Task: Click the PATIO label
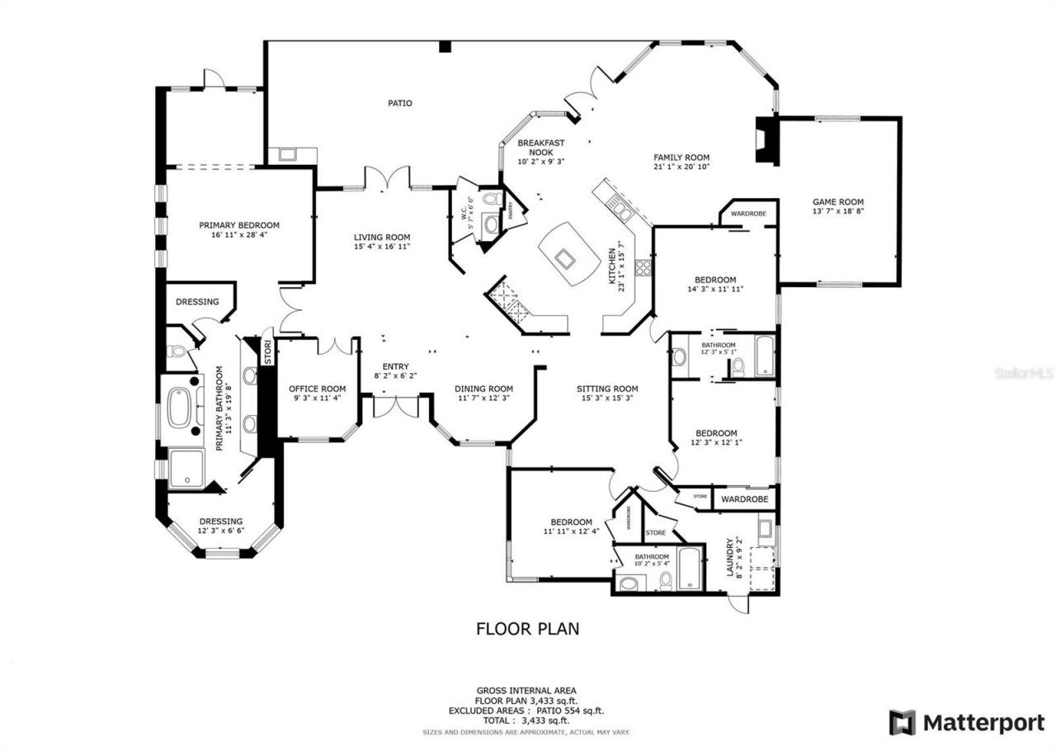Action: point(400,103)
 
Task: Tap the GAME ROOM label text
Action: point(838,201)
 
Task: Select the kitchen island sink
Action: point(567,259)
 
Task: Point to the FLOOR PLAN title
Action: point(527,629)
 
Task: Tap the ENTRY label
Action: point(395,367)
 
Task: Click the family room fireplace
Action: point(766,141)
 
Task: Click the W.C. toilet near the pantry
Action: point(491,200)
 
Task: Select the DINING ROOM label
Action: point(483,389)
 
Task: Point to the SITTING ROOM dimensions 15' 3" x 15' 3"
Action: point(607,398)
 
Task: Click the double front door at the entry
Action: point(396,406)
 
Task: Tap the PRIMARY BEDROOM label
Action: point(239,224)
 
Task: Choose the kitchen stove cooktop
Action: point(643,267)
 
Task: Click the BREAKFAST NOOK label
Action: point(540,147)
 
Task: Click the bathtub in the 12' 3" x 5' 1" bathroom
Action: point(764,356)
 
